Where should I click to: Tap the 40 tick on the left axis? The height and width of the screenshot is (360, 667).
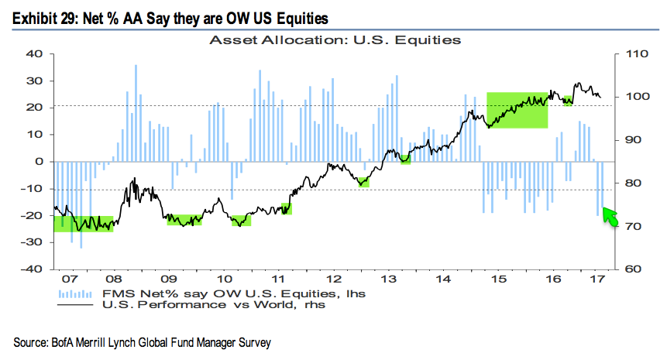pos(33,54)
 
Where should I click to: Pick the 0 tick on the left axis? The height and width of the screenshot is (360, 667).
pos(36,162)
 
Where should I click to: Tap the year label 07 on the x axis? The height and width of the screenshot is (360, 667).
pos(69,277)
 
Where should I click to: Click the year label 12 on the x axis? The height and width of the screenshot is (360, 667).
pos(334,277)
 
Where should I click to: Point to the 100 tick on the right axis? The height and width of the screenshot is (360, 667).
pos(627,98)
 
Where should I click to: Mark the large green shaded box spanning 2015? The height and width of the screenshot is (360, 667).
pos(517,110)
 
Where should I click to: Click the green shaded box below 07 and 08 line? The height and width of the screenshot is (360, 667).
pos(84,224)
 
